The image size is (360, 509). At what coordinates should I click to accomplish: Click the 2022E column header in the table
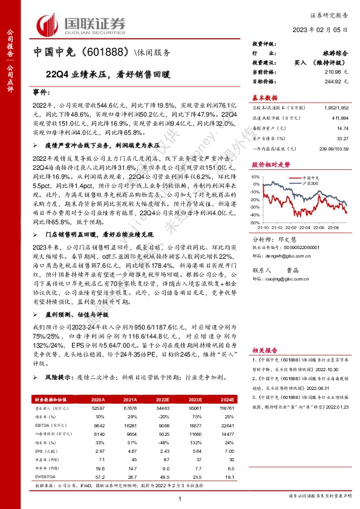tap(163, 400)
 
